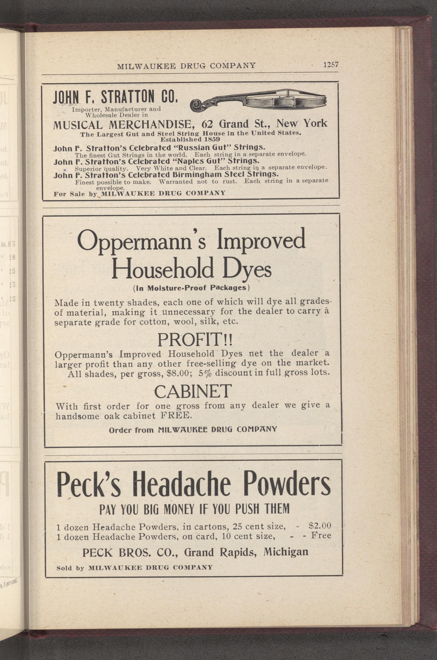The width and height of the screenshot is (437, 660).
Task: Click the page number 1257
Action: coord(331,65)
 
